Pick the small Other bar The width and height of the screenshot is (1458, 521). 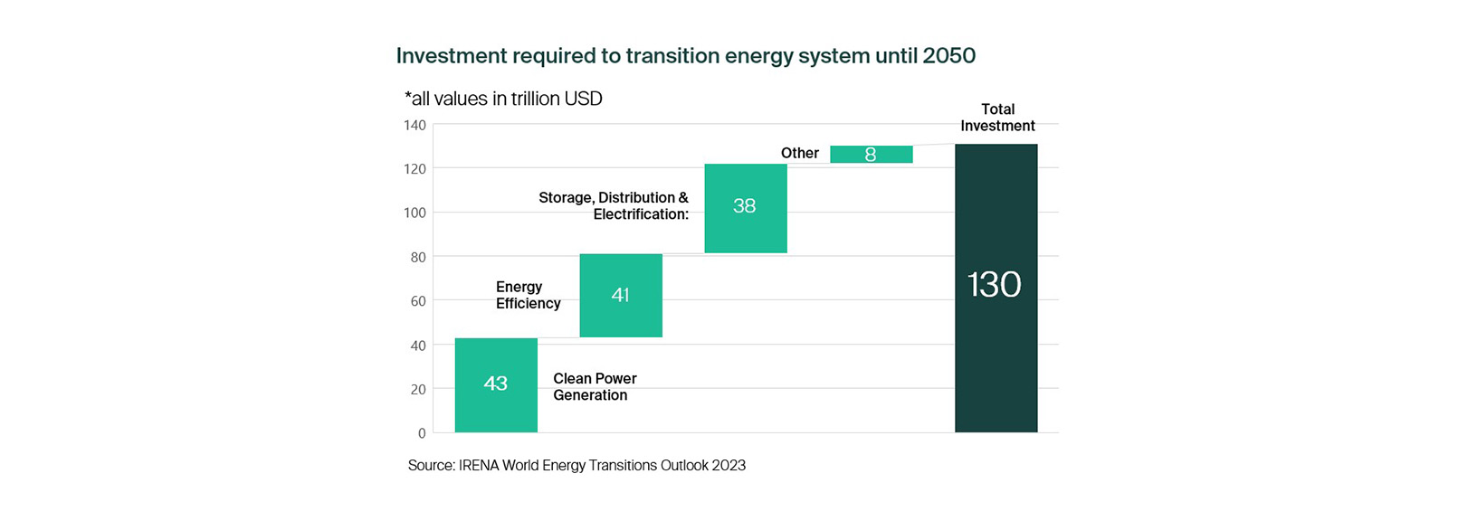[x=871, y=155]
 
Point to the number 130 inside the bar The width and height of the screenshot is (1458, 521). [x=995, y=285]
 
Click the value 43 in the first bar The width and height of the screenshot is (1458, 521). [x=496, y=384]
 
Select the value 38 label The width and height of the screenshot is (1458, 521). [x=745, y=206]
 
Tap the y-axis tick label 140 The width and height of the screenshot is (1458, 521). [x=415, y=126]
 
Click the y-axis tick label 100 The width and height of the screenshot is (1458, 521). [x=415, y=213]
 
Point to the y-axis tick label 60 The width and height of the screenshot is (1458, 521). [x=418, y=301]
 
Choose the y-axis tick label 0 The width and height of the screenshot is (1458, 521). [x=422, y=433]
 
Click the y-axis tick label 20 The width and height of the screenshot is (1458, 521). [x=418, y=390]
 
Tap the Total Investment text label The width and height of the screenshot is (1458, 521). [x=997, y=118]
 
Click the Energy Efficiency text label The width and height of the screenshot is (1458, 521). [x=528, y=296]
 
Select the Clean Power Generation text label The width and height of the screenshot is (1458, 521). [x=595, y=387]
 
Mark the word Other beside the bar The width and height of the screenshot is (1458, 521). [x=800, y=154]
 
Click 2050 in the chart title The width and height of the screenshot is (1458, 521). [x=949, y=56]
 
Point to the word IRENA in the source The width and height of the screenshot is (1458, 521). [x=479, y=466]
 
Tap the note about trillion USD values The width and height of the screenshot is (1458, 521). [x=503, y=99]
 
